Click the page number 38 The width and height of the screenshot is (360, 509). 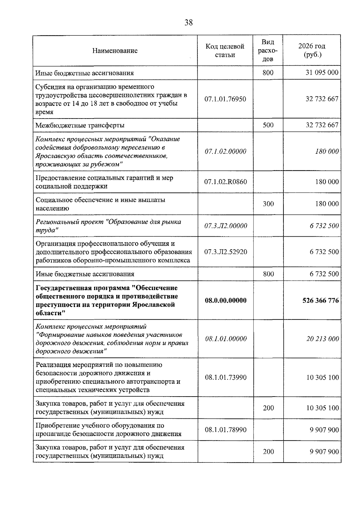click(188, 23)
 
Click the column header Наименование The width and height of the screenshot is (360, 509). click(115, 51)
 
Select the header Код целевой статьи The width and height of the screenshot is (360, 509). click(225, 51)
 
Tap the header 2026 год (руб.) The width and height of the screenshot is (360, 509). click(312, 50)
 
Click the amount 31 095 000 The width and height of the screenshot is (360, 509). click(322, 73)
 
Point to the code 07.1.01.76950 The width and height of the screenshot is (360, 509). click(225, 99)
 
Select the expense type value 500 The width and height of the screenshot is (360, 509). click(268, 125)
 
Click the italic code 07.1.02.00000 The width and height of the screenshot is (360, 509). click(225, 151)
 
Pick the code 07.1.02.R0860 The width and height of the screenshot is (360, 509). click(226, 182)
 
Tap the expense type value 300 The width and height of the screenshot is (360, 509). click(268, 204)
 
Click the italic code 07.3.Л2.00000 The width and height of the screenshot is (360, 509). click(226, 226)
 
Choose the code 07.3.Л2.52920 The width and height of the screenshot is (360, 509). click(226, 252)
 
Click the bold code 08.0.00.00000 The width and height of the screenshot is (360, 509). click(226, 301)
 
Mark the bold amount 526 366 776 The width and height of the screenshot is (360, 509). click(321, 301)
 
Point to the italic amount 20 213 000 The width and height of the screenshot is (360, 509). click(322, 339)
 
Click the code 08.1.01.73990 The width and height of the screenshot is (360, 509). click(226, 377)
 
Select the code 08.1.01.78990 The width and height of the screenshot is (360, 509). click(226, 430)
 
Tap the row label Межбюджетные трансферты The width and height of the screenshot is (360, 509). click(80, 125)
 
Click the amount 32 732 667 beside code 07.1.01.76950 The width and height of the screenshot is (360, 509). click(322, 99)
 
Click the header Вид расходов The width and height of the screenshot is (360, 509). click(268, 51)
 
